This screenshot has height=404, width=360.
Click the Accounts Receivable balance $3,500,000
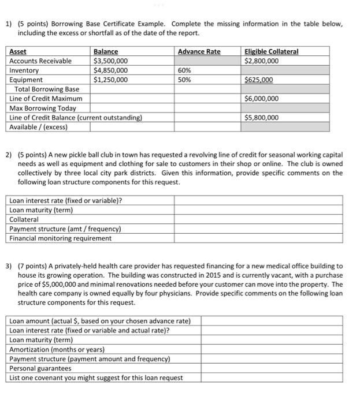click(x=110, y=61)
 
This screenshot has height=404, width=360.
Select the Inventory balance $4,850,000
click(x=110, y=70)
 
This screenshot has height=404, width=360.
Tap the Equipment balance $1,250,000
click(x=110, y=80)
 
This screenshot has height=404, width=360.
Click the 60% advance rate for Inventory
click(x=184, y=70)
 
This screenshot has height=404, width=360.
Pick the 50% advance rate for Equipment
click(x=184, y=80)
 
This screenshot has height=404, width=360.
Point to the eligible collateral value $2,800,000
click(x=261, y=61)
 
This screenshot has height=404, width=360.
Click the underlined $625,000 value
click(x=259, y=80)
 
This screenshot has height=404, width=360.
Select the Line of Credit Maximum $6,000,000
click(x=261, y=99)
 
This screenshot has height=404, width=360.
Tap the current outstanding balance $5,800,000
click(x=261, y=118)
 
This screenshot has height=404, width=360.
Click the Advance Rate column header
click(x=199, y=51)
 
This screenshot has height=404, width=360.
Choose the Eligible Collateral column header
click(x=272, y=51)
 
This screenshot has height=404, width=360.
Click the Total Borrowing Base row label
click(x=47, y=89)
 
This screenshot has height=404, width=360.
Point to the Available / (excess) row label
click(x=38, y=127)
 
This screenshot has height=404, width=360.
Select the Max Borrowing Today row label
click(x=43, y=109)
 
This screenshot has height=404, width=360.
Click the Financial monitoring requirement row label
click(x=61, y=238)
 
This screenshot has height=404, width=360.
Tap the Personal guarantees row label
click(x=40, y=368)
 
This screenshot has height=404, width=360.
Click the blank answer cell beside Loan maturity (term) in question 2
click(x=258, y=210)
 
